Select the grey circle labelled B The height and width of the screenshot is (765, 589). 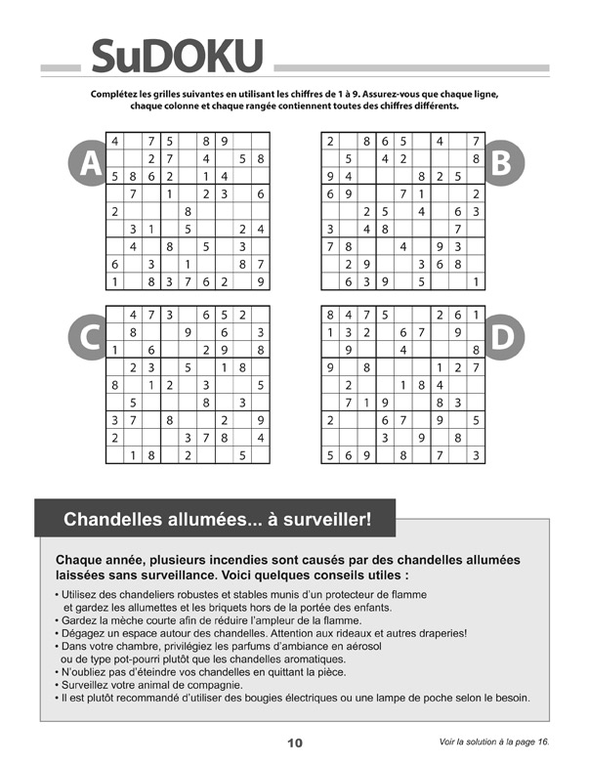(501, 163)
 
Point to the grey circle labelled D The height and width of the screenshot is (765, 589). (501, 337)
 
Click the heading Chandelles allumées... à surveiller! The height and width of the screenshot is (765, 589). (217, 520)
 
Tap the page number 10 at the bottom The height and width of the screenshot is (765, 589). (294, 744)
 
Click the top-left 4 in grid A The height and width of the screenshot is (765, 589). (115, 141)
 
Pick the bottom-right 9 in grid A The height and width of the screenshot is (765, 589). (260, 282)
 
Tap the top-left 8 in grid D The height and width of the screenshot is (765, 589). (331, 315)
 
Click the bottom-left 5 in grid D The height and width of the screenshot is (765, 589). (331, 455)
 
